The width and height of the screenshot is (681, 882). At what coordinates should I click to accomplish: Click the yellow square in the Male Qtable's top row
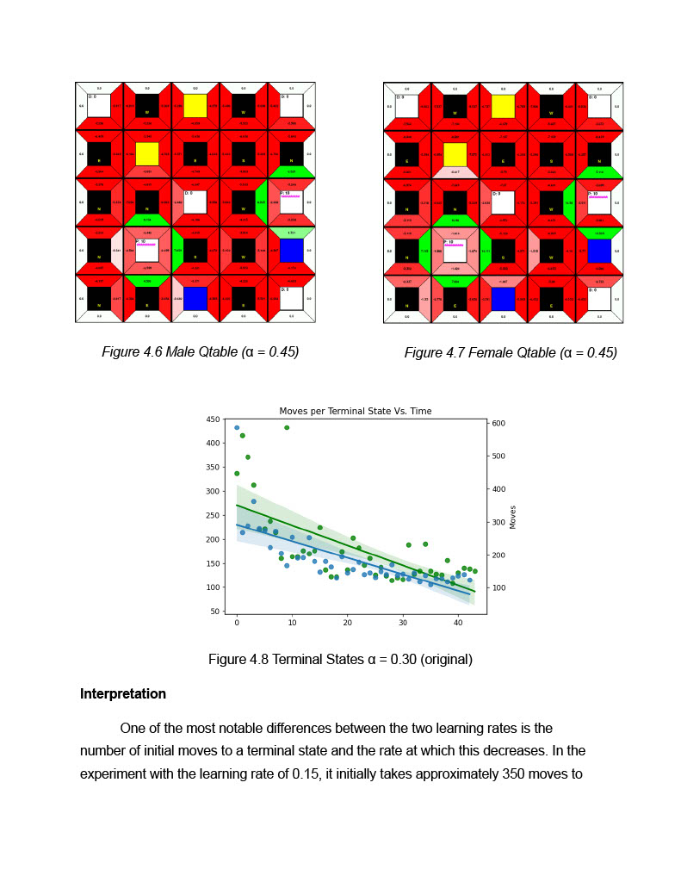pyautogui.click(x=195, y=106)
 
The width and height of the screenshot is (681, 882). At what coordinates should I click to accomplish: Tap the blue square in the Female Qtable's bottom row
pyautogui.click(x=503, y=299)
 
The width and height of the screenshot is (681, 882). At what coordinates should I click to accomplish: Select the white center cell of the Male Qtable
pyautogui.click(x=195, y=202)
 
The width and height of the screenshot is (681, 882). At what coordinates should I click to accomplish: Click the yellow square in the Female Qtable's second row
pyautogui.click(x=455, y=154)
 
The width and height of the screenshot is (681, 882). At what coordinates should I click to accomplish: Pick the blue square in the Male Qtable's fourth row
pyautogui.click(x=292, y=251)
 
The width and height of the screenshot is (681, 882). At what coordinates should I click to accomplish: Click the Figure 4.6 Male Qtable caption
pyautogui.click(x=200, y=351)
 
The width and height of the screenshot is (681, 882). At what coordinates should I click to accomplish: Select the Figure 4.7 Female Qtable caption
pyautogui.click(x=511, y=352)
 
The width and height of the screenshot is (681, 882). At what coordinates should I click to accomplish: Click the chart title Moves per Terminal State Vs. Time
pyautogui.click(x=356, y=411)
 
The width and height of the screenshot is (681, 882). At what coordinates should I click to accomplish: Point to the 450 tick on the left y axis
pyautogui.click(x=212, y=419)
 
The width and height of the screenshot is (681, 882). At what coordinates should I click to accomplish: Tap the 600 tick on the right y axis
pyautogui.click(x=499, y=423)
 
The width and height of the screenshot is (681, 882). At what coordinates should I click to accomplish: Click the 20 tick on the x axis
pyautogui.click(x=347, y=623)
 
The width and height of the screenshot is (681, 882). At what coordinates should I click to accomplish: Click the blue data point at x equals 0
pyautogui.click(x=237, y=427)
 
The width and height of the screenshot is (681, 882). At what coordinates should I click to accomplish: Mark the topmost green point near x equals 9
pyautogui.click(x=287, y=427)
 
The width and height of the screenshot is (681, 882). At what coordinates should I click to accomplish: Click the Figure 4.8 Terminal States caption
pyautogui.click(x=340, y=660)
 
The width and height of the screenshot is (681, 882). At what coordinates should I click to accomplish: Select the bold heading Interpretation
pyautogui.click(x=123, y=693)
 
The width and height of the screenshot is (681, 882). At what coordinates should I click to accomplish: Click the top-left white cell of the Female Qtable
pyautogui.click(x=406, y=106)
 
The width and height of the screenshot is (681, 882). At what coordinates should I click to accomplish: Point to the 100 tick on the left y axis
pyautogui.click(x=212, y=587)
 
